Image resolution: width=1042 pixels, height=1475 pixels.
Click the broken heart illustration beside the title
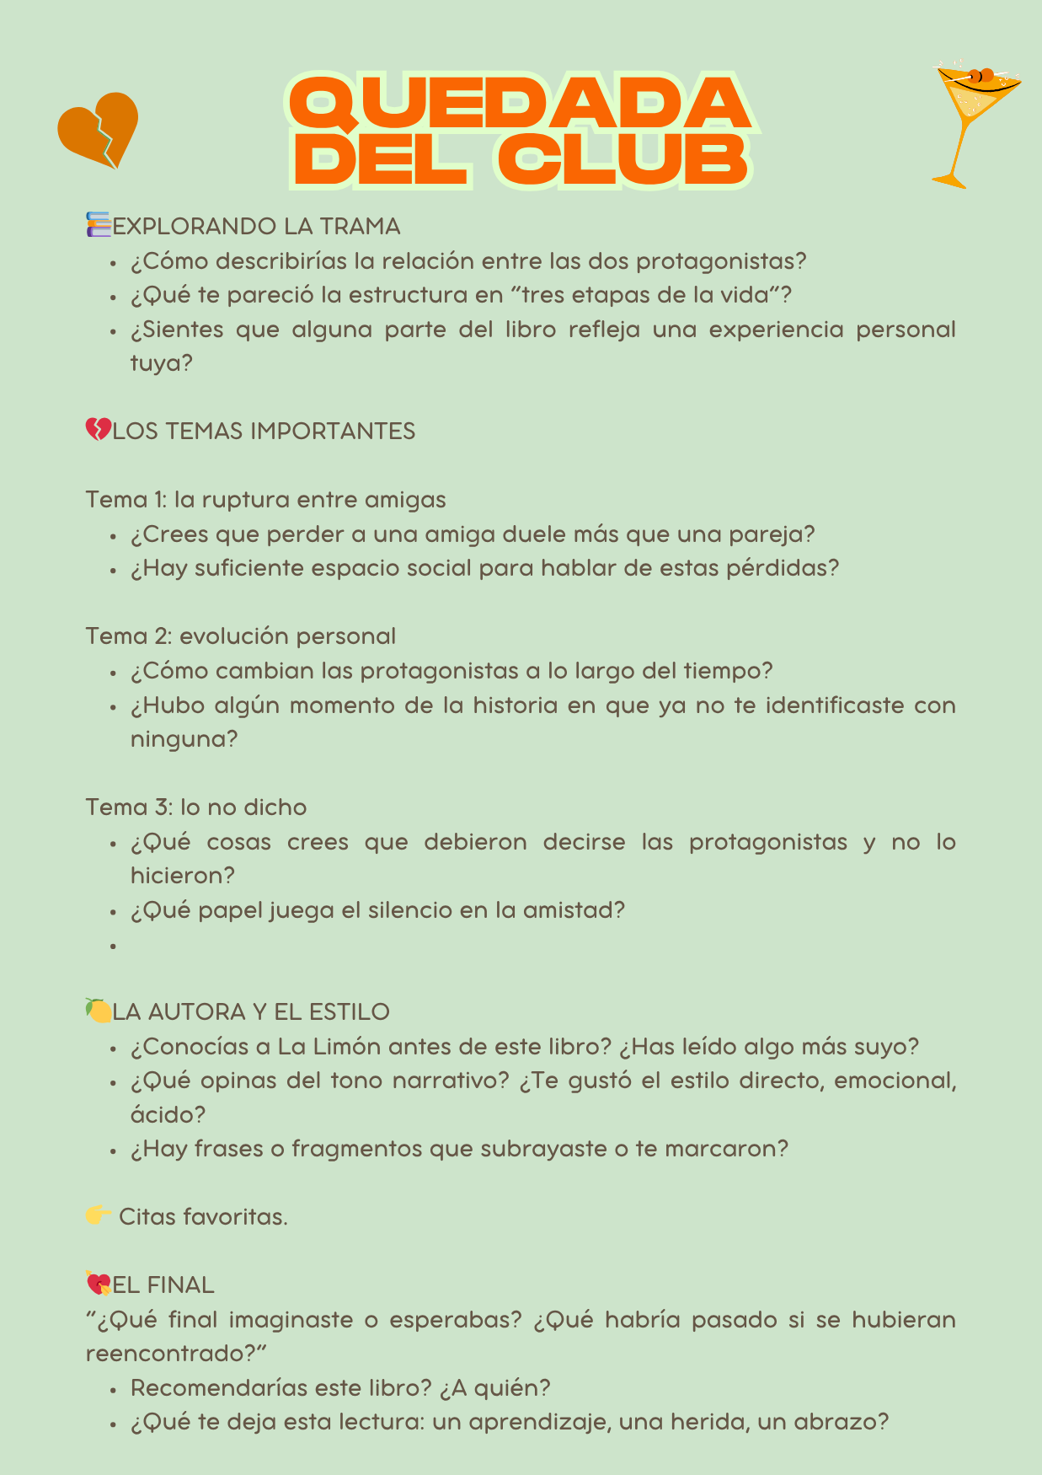98,129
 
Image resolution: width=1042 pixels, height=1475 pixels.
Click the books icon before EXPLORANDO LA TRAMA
99,225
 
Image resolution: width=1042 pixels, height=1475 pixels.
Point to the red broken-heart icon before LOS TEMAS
98,430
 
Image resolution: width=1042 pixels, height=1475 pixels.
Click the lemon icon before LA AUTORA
99,1010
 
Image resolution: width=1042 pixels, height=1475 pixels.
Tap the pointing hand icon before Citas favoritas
99,1215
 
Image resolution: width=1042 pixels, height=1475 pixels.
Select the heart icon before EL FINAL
99,1284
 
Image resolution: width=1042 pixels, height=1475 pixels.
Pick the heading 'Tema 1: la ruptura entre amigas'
265,499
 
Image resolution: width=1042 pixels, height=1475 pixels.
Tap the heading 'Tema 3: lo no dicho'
195,807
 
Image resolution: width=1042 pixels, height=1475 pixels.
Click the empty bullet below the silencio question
112,946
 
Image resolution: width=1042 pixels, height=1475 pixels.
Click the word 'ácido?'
168,1114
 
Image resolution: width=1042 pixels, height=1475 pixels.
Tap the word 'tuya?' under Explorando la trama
161,363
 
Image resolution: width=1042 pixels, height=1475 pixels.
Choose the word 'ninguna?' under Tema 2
184,739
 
